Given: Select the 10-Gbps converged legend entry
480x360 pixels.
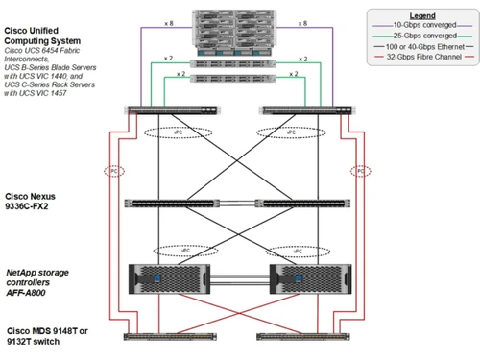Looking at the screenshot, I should click(427, 25).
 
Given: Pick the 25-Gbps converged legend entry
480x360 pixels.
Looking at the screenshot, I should click(427, 36).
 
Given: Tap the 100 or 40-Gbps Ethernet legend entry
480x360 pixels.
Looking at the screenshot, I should click(432, 46).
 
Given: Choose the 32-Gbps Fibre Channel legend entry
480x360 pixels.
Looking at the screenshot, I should click(432, 57).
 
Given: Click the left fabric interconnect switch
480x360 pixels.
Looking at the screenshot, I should click(169, 110).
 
